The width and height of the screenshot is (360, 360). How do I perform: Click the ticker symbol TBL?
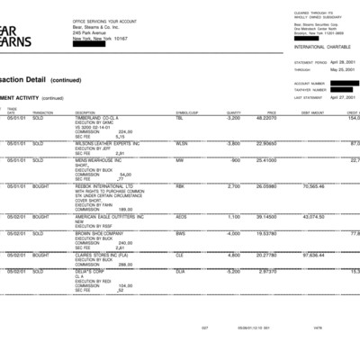pos(179,118)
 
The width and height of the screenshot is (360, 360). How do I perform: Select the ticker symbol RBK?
pos(180,186)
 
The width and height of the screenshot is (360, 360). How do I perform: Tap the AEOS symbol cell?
pos(181,217)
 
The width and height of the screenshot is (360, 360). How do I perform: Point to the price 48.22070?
pos(266,118)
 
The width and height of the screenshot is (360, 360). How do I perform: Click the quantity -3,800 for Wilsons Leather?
pos(232,143)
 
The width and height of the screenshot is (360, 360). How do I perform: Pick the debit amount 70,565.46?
pos(311,186)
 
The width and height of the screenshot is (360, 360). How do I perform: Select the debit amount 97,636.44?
pos(311,255)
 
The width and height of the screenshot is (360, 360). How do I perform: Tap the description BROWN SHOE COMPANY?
pos(99,233)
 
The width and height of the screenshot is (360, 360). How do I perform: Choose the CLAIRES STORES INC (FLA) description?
pos(103,255)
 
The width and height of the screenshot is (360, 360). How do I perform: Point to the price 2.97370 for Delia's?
pos(267,271)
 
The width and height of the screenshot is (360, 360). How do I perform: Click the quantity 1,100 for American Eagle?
pos(233,217)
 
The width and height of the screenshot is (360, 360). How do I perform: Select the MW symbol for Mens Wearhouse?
pos(179,161)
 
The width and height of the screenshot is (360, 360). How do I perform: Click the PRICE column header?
pos(271,112)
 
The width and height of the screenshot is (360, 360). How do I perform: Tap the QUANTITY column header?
pos(233,112)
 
